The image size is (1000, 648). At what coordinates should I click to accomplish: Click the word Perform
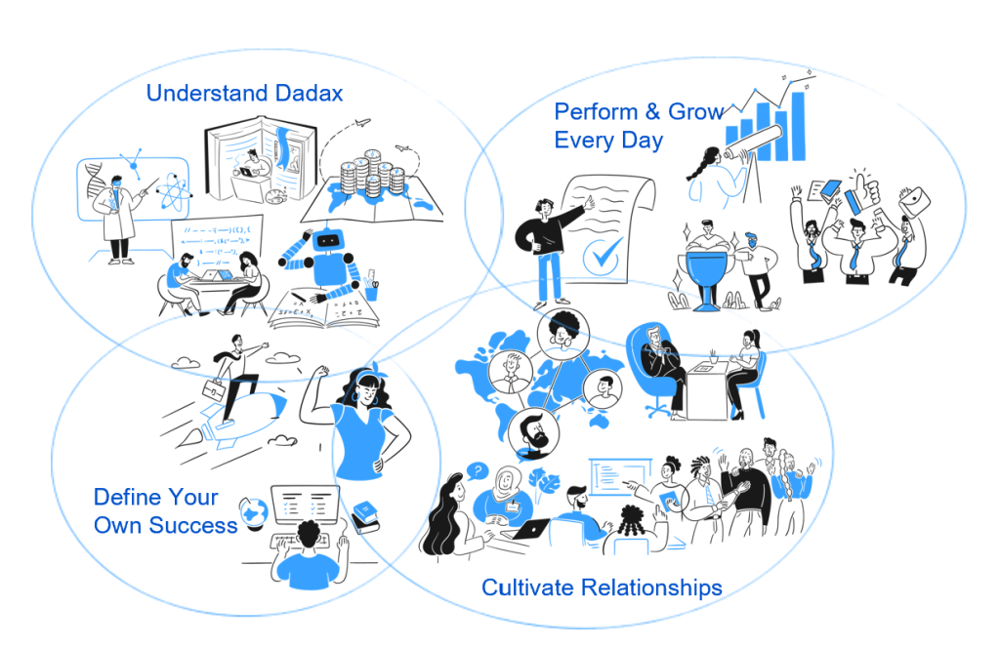[x=596, y=111]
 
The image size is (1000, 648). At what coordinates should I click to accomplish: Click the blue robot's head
[x=328, y=241]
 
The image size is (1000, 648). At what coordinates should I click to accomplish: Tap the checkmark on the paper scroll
[x=602, y=256]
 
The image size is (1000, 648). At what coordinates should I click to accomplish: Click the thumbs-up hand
[x=863, y=190]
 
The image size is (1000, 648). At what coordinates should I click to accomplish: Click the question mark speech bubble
[x=477, y=471]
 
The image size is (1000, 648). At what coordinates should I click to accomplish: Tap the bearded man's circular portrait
[x=534, y=433]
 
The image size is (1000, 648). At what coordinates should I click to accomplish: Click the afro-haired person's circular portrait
[x=563, y=332]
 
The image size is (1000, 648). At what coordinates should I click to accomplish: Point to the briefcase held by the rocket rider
[x=213, y=388]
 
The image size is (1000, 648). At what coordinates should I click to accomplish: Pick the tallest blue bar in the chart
[x=797, y=127]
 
